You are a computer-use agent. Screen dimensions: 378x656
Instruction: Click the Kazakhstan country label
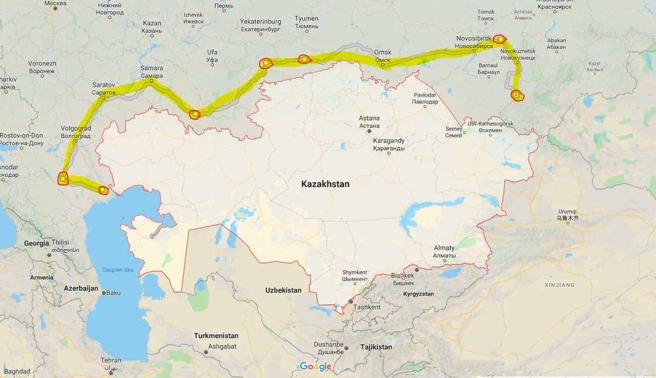[x=325, y=184]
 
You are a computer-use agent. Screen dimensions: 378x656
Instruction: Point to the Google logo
[x=316, y=366]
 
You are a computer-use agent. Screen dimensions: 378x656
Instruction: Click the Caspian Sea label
[x=117, y=270]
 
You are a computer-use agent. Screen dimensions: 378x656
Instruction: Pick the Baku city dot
[x=104, y=293]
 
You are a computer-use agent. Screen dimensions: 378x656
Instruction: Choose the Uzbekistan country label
[x=283, y=290]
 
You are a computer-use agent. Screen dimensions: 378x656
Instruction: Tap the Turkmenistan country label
[x=216, y=336]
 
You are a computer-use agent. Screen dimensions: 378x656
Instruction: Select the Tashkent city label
[x=367, y=307]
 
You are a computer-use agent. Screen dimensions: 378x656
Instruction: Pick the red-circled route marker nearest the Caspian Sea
[x=104, y=190]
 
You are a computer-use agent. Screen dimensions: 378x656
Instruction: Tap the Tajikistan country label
[x=376, y=347]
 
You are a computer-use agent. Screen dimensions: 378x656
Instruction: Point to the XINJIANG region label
[x=559, y=285]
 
